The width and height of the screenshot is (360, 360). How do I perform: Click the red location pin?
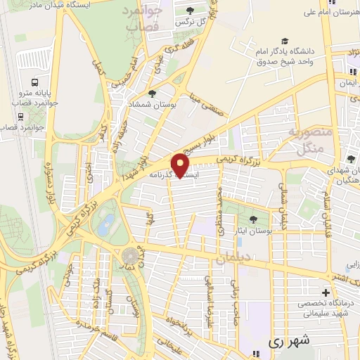pos(181,165)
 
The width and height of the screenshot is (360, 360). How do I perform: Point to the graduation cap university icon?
pos(284,42)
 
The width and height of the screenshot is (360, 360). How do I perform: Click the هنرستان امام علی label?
pos(330,11)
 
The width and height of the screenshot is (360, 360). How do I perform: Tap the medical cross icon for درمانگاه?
pos(326,292)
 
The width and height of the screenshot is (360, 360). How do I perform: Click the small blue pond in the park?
pos(106,224)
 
